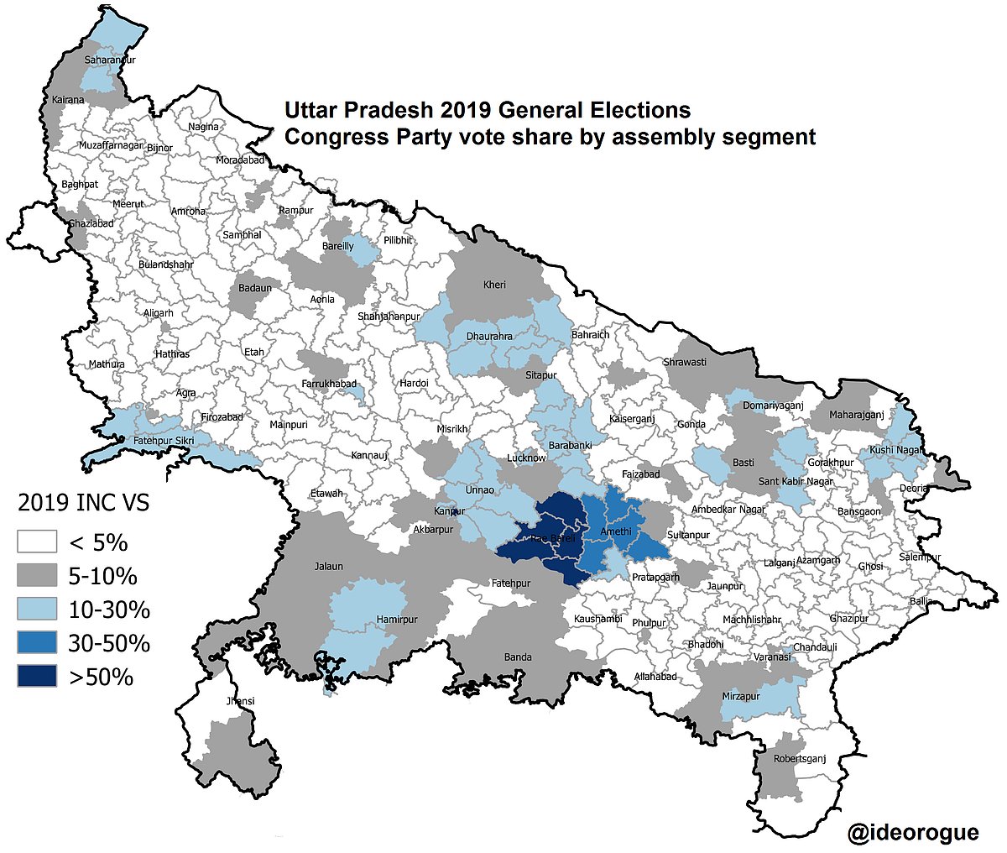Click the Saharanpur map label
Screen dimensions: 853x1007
tap(110, 60)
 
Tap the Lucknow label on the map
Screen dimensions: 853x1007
tap(526, 458)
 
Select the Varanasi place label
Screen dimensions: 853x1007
tap(771, 657)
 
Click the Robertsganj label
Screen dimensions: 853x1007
tap(800, 759)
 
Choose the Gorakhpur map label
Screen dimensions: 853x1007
tap(830, 463)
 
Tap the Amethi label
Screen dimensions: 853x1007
tap(616, 531)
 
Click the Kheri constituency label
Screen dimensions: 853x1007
tap(494, 285)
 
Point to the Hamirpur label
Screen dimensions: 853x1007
tap(397, 620)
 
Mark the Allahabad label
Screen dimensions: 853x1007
tap(655, 676)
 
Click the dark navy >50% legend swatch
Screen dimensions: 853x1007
tap(37, 676)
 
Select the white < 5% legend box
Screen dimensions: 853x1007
tap(37, 542)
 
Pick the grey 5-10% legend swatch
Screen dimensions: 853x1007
tap(37, 576)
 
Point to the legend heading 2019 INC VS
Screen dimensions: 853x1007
tap(84, 504)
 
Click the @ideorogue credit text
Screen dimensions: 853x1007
tap(913, 832)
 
